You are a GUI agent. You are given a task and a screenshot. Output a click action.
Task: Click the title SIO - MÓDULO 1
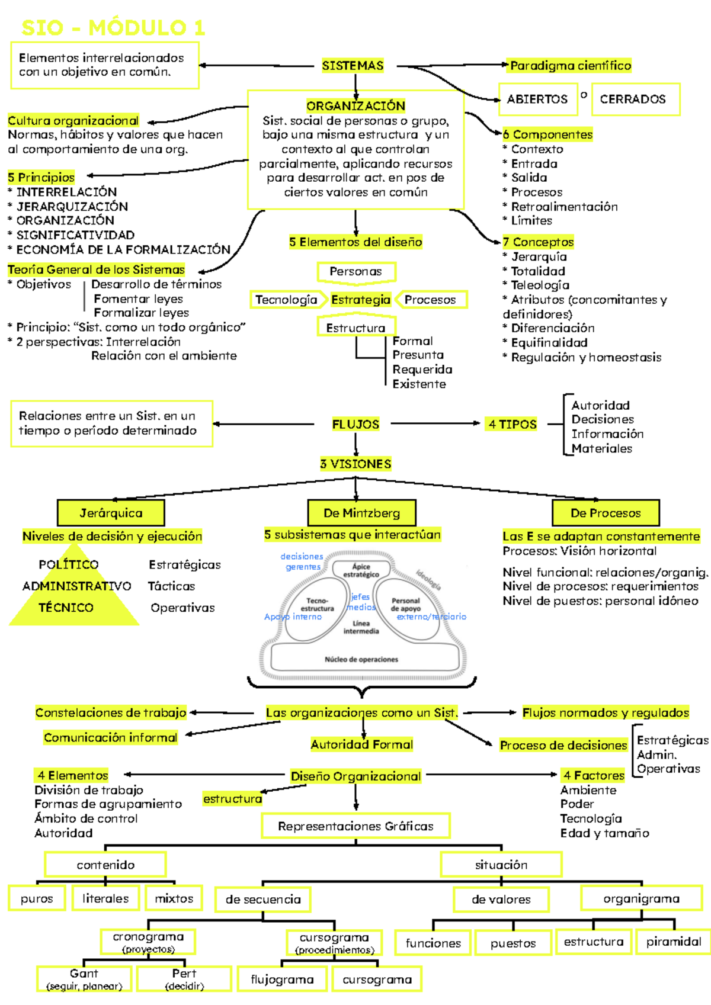click(x=113, y=28)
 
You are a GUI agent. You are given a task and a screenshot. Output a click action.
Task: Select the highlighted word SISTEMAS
click(x=353, y=66)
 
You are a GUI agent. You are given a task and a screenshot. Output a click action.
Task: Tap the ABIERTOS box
click(x=537, y=99)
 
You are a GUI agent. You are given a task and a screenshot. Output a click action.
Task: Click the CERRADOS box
click(x=633, y=99)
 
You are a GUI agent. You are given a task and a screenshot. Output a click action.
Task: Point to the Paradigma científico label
click(x=571, y=66)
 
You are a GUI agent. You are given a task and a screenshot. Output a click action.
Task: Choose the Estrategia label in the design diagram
click(x=360, y=300)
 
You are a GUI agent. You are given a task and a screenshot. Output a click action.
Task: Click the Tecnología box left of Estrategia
click(x=286, y=300)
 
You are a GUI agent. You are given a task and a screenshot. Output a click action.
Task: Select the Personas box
click(x=355, y=272)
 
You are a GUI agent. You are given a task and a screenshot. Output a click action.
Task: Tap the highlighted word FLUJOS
click(x=355, y=424)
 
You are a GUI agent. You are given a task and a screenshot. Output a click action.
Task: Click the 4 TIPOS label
click(x=513, y=424)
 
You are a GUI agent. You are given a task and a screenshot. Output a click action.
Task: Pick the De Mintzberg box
click(x=361, y=513)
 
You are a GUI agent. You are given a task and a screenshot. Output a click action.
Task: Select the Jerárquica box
click(x=111, y=513)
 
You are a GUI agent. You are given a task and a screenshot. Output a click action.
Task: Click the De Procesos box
click(x=606, y=513)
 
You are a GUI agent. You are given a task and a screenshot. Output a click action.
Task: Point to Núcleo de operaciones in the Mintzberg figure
click(x=361, y=659)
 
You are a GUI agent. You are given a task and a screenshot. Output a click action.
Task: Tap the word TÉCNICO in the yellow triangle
click(x=66, y=608)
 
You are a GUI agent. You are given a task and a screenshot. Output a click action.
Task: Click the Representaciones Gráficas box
click(x=355, y=826)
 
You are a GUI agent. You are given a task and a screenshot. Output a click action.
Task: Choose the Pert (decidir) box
click(x=184, y=979)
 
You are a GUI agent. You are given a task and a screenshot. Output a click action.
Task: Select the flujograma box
click(x=282, y=980)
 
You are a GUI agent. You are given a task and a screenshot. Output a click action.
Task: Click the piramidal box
click(x=674, y=942)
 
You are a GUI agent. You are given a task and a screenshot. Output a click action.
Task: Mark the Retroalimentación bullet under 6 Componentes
click(x=564, y=207)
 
